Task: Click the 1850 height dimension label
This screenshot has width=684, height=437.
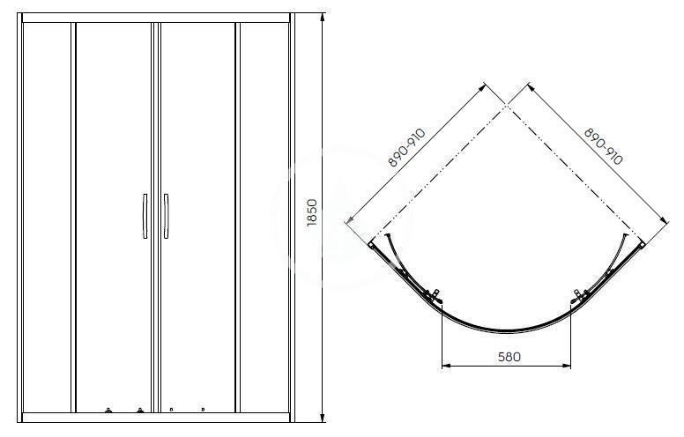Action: click(312, 212)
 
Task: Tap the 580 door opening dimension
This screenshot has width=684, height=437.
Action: click(509, 357)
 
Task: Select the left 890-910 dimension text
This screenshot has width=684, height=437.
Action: click(406, 148)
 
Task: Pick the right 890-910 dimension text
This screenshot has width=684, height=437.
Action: click(604, 146)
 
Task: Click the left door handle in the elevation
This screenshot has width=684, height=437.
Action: click(145, 217)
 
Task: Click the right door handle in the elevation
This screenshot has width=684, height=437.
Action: click(166, 217)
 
